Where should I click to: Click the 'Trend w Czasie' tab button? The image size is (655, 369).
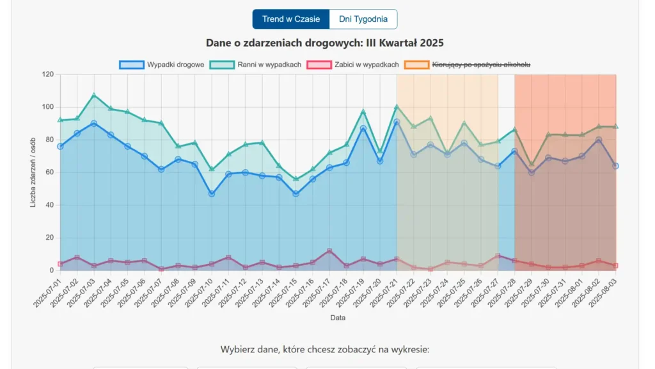click(291, 19)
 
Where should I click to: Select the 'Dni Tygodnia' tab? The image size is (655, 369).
click(363, 19)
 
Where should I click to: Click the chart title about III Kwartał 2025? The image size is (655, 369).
click(325, 43)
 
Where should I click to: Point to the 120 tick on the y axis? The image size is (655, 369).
click(47, 74)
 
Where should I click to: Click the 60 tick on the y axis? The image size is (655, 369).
click(49, 172)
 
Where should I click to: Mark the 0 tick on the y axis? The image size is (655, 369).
click(51, 270)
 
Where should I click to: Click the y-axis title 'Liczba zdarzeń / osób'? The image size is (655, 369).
click(33, 172)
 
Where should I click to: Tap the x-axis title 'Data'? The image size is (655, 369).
click(338, 318)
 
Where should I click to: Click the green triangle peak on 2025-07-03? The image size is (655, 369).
click(94, 95)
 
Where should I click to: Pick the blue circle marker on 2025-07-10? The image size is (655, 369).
click(212, 193)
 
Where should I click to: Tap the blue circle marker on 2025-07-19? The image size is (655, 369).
click(363, 129)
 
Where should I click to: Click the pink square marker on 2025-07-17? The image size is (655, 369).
click(329, 251)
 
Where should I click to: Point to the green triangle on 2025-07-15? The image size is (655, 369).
click(296, 179)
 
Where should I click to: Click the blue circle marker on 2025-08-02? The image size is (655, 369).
click(599, 140)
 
